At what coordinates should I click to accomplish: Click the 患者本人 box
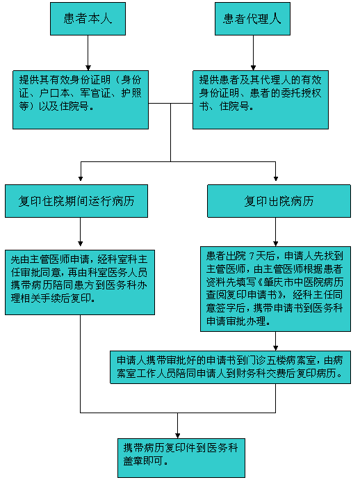(x=88, y=19)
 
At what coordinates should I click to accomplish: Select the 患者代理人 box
(x=252, y=19)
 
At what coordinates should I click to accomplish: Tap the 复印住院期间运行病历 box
(x=76, y=201)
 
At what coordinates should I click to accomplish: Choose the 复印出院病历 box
(x=279, y=201)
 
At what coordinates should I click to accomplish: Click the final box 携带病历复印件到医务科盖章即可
(x=181, y=458)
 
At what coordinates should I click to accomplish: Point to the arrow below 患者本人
(x=88, y=53)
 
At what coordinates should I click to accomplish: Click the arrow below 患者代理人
(x=253, y=53)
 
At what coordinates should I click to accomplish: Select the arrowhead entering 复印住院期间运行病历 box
(x=81, y=179)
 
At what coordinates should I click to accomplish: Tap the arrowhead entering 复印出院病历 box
(x=276, y=179)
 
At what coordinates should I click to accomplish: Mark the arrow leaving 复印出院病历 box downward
(x=276, y=232)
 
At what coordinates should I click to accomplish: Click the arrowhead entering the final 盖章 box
(x=177, y=435)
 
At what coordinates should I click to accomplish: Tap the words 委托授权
(x=301, y=93)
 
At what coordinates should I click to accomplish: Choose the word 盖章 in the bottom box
(x=133, y=461)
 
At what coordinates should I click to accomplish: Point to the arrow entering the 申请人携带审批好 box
(x=276, y=341)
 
